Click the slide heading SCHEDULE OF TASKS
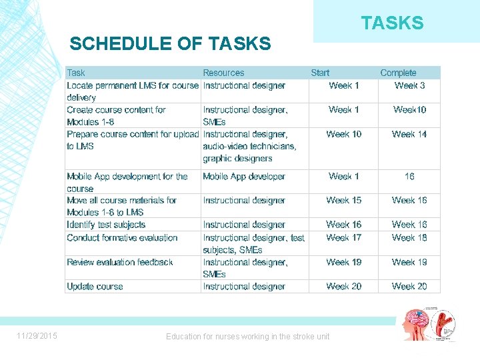coord(170,44)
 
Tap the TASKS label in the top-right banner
coord(392,23)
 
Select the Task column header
coord(76,73)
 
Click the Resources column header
coord(223,73)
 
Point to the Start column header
coord(320,73)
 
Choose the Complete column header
coord(398,73)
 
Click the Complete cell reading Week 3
coord(409,85)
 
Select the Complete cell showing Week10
coord(409,109)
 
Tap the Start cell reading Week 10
coord(343,134)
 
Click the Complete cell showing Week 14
coord(409,134)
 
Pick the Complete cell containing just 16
coord(409,176)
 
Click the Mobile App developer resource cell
coord(244,176)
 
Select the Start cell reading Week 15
coord(343,200)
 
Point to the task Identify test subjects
coord(106,225)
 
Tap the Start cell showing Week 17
coord(343,237)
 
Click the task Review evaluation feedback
coord(120,262)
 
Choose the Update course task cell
coord(95,287)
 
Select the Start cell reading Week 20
coord(343,287)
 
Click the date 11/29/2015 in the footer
coord(37,336)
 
